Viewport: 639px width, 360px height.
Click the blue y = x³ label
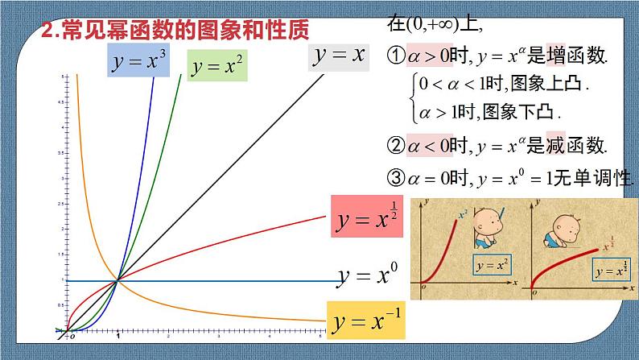[138, 60]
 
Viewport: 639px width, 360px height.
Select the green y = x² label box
[218, 67]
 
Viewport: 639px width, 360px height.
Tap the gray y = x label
[339, 56]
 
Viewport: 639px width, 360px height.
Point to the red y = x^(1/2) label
[367, 217]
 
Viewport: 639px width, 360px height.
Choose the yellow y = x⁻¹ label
[366, 320]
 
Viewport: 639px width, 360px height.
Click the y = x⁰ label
[368, 275]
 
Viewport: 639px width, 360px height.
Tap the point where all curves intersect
[118, 280]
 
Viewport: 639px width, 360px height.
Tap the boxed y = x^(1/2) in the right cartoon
[611, 269]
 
